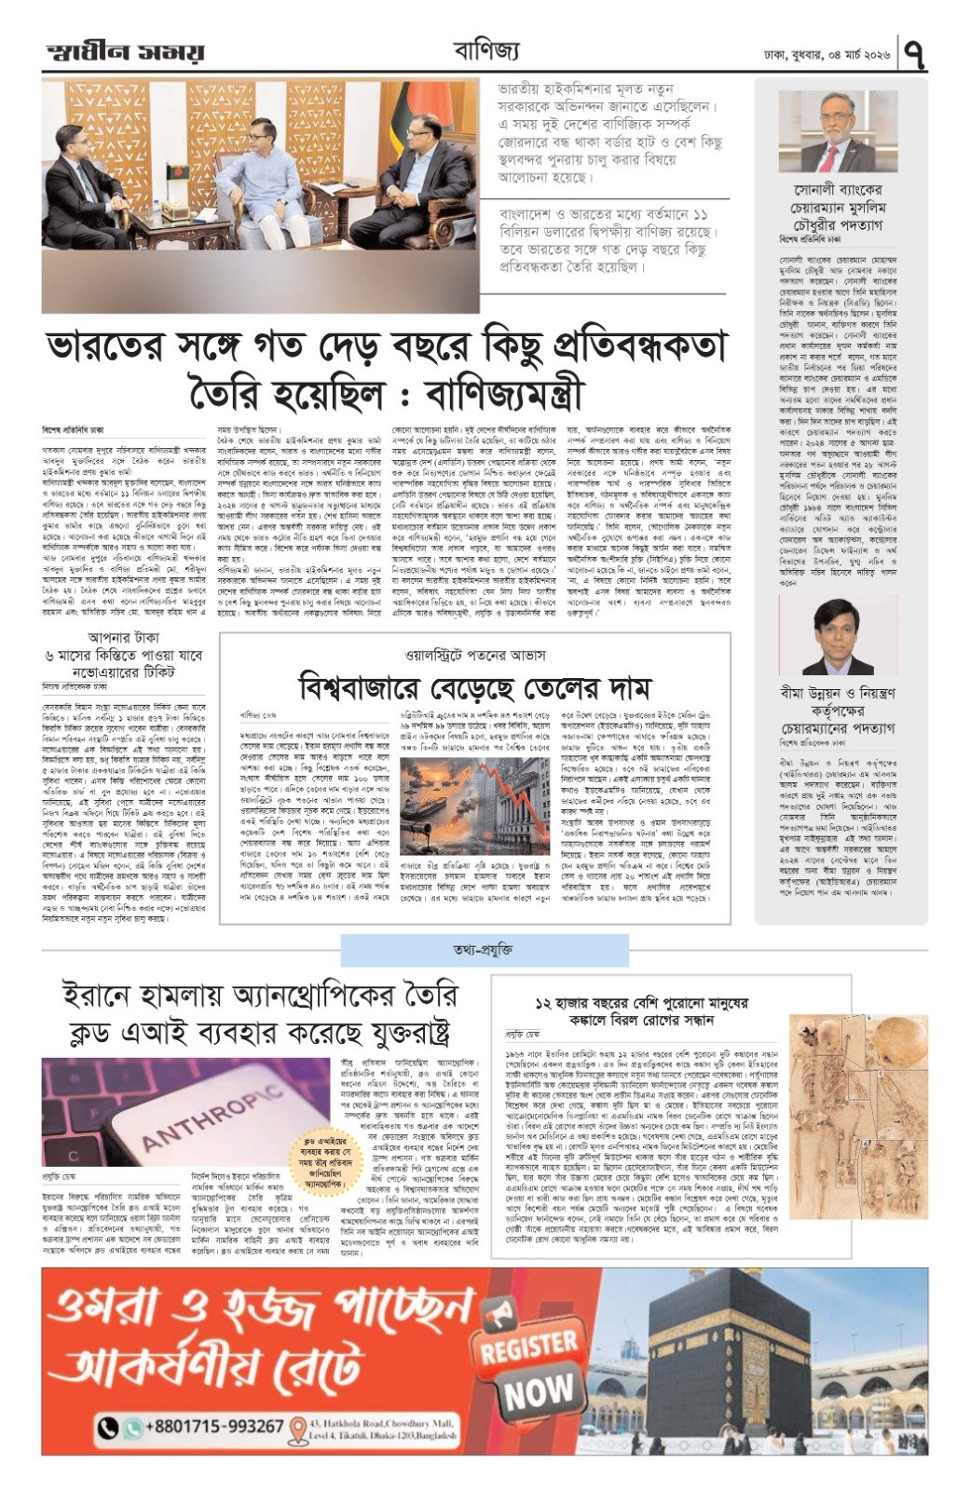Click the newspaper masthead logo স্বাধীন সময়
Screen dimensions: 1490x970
click(x=124, y=54)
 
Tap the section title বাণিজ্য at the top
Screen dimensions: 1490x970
click(x=485, y=51)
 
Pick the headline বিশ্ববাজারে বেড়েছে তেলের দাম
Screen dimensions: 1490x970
click(x=474, y=688)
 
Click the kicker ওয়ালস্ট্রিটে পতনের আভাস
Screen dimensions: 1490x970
click(x=474, y=655)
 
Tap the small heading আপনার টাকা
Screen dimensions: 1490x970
click(x=123, y=638)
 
